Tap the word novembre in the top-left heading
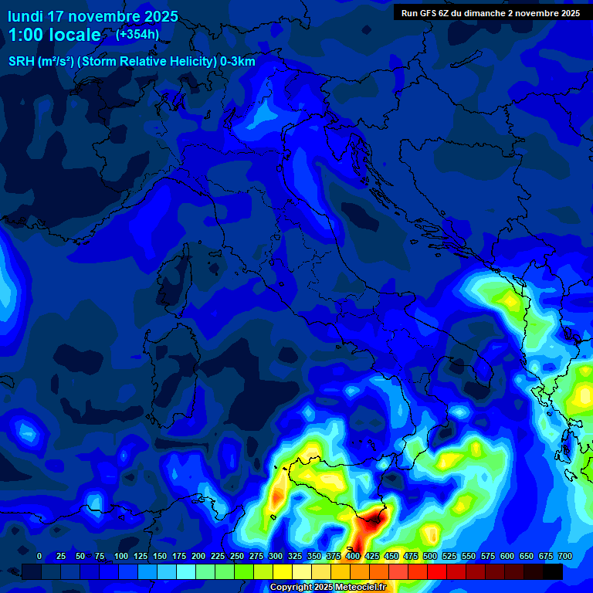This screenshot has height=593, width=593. tap(106, 16)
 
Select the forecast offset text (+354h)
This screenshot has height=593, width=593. tap(137, 34)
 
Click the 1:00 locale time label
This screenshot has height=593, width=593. tap(54, 35)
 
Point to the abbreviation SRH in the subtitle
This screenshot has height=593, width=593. tap(21, 62)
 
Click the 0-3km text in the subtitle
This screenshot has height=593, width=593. tap(238, 62)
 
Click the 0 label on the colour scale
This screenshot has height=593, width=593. tap(39, 556)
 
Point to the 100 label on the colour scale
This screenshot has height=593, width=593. tap(120, 556)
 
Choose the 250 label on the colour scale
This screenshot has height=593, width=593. tap(236, 556)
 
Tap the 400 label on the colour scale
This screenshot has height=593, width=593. tap(353, 556)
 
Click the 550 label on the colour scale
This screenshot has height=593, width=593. tap(469, 556)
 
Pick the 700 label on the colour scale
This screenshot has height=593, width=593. tap(564, 556)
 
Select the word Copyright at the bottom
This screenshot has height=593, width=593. tap(291, 587)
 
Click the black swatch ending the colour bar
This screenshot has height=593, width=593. tap(552, 571)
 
